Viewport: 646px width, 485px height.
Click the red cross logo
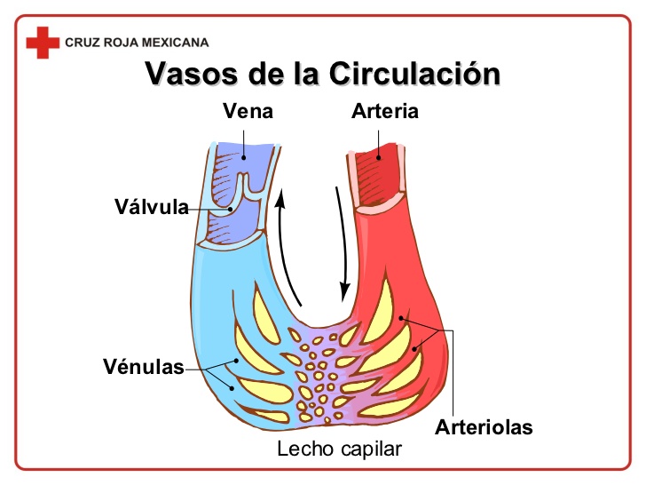(42, 42)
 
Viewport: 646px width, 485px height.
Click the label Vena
(248, 112)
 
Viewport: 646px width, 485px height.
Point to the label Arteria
(384, 112)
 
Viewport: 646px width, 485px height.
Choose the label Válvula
(151, 208)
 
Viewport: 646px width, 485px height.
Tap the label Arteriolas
(484, 427)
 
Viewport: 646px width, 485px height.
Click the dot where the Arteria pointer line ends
(379, 158)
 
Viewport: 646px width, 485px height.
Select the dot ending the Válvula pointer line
(232, 208)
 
